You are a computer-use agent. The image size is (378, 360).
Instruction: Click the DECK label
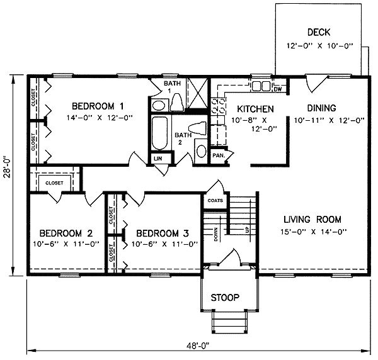click(319, 32)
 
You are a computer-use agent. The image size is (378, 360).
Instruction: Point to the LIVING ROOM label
click(312, 220)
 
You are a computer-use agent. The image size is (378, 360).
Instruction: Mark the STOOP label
click(225, 297)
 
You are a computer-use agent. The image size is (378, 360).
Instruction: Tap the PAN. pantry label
click(219, 155)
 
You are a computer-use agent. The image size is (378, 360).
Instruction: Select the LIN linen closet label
click(158, 159)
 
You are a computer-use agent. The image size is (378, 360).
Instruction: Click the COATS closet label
click(214, 201)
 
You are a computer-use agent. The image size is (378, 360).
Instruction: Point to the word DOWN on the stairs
click(215, 235)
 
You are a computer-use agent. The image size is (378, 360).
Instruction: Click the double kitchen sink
click(261, 86)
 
